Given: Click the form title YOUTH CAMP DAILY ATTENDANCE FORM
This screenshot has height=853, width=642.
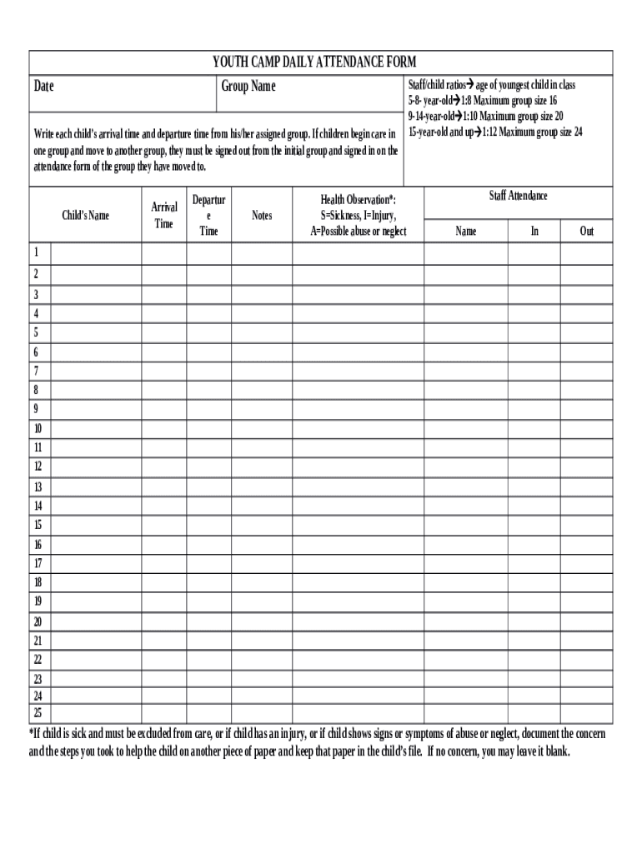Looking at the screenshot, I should click(313, 62).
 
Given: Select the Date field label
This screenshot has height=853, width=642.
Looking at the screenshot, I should click(44, 87).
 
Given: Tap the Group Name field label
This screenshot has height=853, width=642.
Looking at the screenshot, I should click(248, 87).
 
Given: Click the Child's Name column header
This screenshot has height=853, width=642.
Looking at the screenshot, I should click(86, 216).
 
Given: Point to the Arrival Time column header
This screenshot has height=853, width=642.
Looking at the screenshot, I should click(164, 215).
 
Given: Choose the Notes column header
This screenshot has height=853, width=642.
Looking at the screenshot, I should click(262, 216).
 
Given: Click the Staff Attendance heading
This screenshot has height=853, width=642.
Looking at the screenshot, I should click(518, 196).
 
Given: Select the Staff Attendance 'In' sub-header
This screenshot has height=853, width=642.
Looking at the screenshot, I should click(534, 231).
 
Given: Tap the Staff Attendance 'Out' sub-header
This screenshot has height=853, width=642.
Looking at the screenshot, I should click(587, 231).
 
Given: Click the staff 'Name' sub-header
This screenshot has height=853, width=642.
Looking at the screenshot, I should click(466, 231).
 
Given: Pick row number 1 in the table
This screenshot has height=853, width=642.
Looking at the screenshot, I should click(36, 252).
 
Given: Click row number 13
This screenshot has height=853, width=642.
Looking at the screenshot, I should click(38, 486).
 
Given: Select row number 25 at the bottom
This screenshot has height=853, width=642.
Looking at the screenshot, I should click(38, 712).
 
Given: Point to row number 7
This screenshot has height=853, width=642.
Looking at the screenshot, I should click(36, 371).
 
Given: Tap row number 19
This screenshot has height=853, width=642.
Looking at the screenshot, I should click(38, 601).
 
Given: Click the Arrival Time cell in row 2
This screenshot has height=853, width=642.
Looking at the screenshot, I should click(164, 274).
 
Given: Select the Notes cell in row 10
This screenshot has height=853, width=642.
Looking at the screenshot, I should click(262, 429).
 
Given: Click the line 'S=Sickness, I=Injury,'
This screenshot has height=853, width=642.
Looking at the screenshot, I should click(359, 216).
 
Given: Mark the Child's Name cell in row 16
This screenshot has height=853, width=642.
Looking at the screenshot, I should click(96, 544).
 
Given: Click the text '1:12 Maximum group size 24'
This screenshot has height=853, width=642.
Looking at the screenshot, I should click(532, 132).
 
